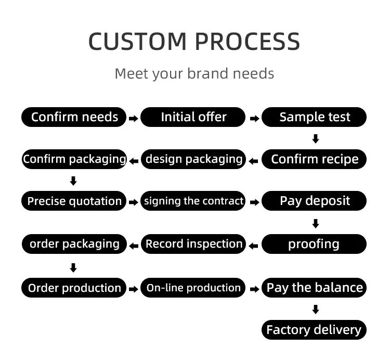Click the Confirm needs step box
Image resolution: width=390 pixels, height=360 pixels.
coord(74,117)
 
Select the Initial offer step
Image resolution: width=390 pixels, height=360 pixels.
coord(193,117)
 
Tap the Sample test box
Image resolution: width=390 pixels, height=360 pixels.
coord(314,117)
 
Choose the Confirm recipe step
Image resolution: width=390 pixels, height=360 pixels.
coord(314,159)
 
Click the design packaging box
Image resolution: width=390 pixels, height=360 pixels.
coord(193,159)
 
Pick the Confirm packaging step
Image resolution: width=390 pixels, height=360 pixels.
coord(74,159)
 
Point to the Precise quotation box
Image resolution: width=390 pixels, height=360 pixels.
coord(74,201)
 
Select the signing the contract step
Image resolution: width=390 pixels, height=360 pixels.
coord(193,201)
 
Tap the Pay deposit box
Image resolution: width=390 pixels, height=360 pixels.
coord(314,201)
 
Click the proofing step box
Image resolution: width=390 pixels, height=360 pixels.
coord(314,244)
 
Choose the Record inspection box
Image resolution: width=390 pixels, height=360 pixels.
coord(193,244)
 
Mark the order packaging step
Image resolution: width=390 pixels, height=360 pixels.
coord(74,244)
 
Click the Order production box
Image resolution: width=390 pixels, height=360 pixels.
coord(74,288)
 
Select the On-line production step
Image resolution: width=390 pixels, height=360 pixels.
coord(193,288)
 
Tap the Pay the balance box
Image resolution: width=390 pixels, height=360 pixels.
coord(314,288)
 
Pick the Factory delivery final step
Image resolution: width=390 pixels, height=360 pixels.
coord(314,330)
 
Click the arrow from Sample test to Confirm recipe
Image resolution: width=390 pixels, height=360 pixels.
coord(315,139)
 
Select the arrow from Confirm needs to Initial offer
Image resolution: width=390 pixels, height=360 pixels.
coord(133,119)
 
